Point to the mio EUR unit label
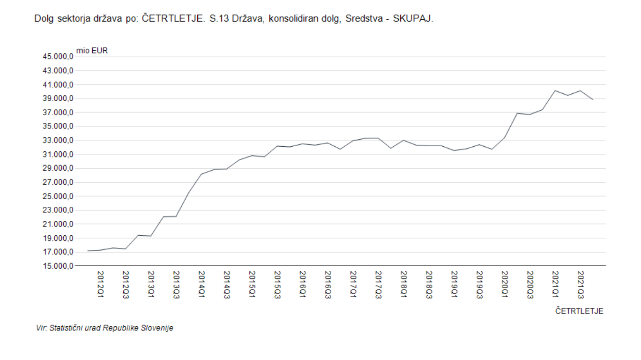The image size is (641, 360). (x=92, y=51)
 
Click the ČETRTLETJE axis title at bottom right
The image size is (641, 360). (x=579, y=311)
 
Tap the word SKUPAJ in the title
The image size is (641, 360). (x=413, y=19)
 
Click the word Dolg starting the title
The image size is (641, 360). (x=44, y=19)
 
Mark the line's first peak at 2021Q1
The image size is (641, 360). (x=555, y=90)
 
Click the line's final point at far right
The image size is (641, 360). (x=593, y=99)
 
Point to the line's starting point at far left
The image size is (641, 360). (x=88, y=251)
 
